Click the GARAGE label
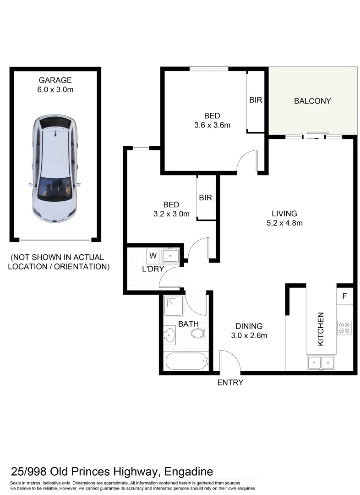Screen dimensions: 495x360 (55, 80)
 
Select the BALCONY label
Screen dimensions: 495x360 (312, 101)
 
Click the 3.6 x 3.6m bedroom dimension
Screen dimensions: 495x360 (212, 125)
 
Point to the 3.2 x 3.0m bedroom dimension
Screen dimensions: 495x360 (171, 214)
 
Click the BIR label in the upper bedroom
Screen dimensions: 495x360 (256, 99)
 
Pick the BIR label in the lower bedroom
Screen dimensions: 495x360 (206, 198)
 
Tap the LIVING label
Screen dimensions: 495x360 (284, 214)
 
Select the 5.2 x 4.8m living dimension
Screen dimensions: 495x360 (284, 223)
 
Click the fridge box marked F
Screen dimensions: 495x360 (344, 296)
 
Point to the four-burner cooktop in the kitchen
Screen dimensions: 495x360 (344, 327)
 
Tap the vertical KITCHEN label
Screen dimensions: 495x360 (321, 329)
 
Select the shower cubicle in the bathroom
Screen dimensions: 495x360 (175, 306)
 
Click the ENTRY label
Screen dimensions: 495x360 (230, 383)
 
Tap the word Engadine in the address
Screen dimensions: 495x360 (185, 472)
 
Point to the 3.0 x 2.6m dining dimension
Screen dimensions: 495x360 (249, 335)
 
